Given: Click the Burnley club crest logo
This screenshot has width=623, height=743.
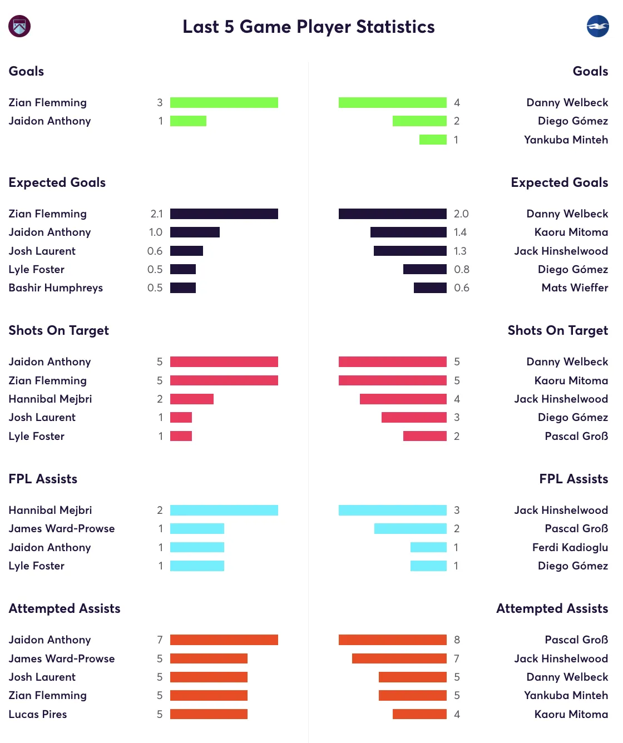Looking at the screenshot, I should [19, 26].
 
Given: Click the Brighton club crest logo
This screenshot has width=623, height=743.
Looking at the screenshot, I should [597, 26].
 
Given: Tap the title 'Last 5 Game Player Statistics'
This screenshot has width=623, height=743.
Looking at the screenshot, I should [309, 27].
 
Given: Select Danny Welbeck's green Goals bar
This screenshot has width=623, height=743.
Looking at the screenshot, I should [392, 102].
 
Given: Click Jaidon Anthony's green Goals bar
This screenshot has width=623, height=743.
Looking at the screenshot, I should [188, 121].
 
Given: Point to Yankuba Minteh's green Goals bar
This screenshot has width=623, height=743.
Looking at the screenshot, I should [433, 140].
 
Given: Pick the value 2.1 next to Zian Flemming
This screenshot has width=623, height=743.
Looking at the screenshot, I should [156, 214].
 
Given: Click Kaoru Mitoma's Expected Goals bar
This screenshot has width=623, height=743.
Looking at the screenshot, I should [408, 232].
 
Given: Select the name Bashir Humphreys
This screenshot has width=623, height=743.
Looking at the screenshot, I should [56, 288].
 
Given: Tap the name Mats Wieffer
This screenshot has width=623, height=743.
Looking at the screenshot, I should [575, 288].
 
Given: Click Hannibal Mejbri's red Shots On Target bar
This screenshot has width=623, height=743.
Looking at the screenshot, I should [191, 399].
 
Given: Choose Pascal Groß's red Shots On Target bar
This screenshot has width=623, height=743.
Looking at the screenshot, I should [424, 436].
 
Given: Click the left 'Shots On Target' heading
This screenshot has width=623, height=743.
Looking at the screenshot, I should [58, 330].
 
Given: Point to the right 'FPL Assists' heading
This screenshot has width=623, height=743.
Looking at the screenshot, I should [573, 479].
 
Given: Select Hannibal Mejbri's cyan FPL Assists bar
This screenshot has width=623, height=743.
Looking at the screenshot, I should [224, 510].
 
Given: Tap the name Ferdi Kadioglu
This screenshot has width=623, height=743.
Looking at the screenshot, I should [570, 547].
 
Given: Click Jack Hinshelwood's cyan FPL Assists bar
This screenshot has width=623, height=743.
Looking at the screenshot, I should [392, 510].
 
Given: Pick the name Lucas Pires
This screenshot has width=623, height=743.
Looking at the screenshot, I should [38, 714].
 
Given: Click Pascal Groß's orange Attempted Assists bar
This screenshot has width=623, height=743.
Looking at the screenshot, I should [392, 640].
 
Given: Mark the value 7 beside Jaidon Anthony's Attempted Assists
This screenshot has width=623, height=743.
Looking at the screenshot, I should [160, 640].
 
